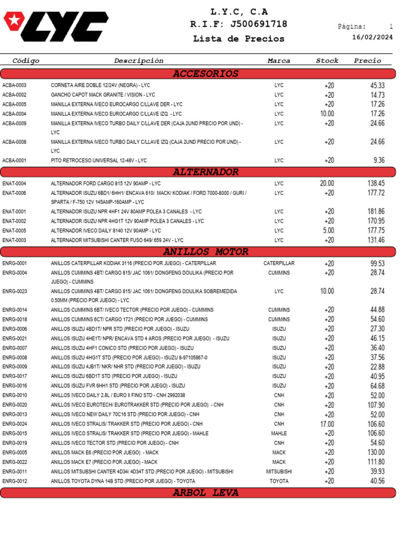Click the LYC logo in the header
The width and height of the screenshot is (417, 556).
click(x=55, y=26)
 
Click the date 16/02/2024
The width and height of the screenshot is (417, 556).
click(x=372, y=37)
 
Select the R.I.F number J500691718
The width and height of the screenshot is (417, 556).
click(x=258, y=24)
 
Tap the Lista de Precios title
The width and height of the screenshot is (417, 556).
click(x=238, y=39)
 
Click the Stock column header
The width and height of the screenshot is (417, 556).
click(x=327, y=61)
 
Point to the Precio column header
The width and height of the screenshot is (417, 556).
click(x=368, y=61)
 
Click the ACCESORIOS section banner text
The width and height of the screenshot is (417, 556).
click(x=205, y=74)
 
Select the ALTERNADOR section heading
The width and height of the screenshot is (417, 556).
click(x=205, y=172)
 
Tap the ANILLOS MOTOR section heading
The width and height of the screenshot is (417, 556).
click(x=205, y=252)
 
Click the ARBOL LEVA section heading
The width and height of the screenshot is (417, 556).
click(x=205, y=493)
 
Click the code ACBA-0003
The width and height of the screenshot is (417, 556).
click(x=15, y=86)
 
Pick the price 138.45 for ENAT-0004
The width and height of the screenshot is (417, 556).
click(x=376, y=184)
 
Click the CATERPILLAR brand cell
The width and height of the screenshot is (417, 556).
click(x=279, y=263)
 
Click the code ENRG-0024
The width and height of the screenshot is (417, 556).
click(x=15, y=424)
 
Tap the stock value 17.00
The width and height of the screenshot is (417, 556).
click(x=327, y=424)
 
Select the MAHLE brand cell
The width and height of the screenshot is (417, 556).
click(x=279, y=434)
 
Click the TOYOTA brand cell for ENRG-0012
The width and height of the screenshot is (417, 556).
click(x=279, y=481)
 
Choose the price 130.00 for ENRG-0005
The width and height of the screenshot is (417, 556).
click(x=376, y=452)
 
